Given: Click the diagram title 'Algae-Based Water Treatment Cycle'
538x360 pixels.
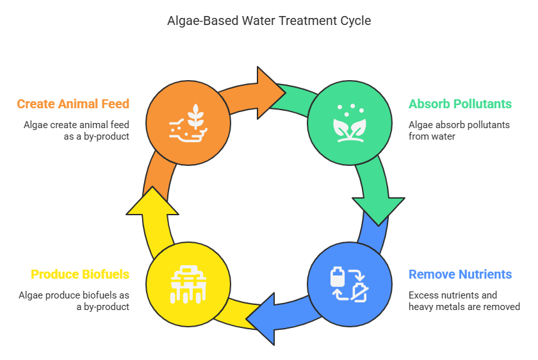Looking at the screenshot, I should point(269,21).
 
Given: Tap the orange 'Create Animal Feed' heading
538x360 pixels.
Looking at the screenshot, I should point(73,104).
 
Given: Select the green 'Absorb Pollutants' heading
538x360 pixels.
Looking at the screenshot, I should point(460,104).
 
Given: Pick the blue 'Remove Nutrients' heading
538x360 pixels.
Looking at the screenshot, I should point(460,275).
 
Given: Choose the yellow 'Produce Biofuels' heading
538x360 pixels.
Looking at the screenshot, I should point(80,275).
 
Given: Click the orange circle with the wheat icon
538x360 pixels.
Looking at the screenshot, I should point(188,122).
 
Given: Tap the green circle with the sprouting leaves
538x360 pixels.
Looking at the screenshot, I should point(349,122).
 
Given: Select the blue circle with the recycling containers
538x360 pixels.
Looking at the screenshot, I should point(349,283).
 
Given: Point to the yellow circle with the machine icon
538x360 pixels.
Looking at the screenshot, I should point(188,283).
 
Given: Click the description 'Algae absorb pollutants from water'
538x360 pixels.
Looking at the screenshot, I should point(459,130).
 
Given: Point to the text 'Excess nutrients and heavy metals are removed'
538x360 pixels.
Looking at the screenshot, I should point(464,301).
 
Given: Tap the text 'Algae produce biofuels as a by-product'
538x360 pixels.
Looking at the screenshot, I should point(74,301).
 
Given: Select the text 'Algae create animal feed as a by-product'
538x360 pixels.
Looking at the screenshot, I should point(77,130).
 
